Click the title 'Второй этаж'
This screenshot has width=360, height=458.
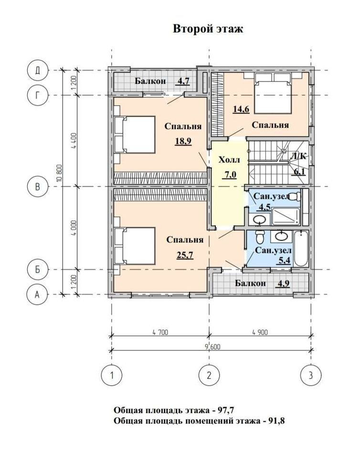(x=208, y=29)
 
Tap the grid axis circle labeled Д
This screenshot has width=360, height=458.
(x=37, y=71)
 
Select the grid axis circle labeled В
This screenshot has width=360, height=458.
(x=37, y=187)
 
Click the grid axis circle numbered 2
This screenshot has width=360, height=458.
(x=209, y=375)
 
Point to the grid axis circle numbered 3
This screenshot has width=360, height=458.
(x=311, y=375)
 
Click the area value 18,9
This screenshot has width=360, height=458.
(x=183, y=141)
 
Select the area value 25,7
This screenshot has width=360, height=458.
(x=185, y=255)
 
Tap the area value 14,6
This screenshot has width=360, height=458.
(x=241, y=109)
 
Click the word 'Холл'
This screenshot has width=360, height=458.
(x=229, y=160)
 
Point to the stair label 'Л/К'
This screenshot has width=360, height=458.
(x=298, y=156)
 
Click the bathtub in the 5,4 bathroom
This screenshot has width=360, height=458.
(x=301, y=248)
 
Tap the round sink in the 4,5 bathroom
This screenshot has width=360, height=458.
(x=259, y=219)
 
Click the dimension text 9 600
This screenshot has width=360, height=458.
(x=213, y=347)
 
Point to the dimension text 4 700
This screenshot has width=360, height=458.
(x=160, y=332)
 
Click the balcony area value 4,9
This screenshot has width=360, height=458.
(x=282, y=283)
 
